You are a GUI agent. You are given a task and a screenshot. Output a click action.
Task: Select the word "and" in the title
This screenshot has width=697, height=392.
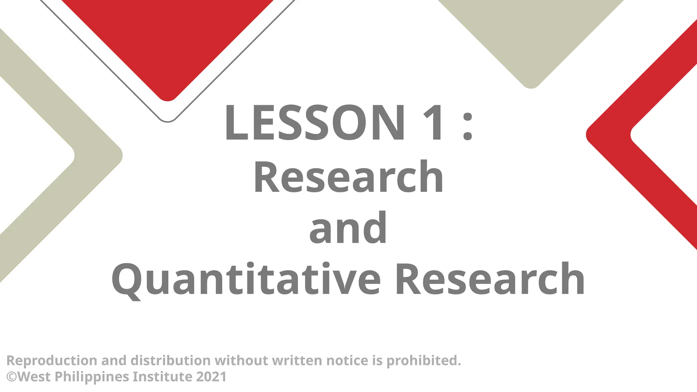click(348, 228)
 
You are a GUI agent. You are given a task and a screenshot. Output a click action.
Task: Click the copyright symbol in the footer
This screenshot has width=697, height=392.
click(12, 377)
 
